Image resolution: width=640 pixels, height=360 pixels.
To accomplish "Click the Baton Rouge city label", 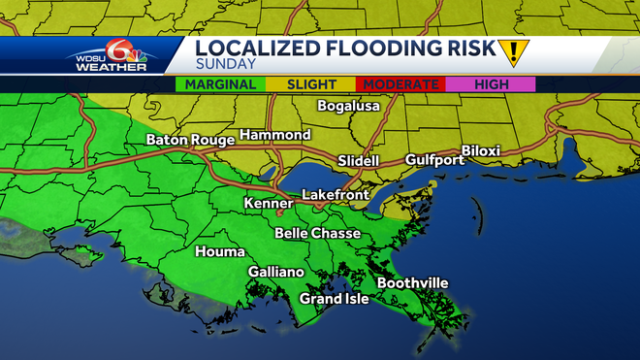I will tap(190, 140).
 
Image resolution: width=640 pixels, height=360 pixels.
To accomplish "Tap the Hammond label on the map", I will tap(274, 135).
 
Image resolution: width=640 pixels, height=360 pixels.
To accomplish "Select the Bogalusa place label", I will tap(350, 106).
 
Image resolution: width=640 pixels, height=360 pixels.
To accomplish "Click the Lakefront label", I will tap(335, 195).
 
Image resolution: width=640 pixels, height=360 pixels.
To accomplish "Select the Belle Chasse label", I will tap(317, 233).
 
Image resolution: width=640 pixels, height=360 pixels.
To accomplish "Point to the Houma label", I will tap(214, 251).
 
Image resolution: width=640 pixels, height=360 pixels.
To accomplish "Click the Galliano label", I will tap(276, 273).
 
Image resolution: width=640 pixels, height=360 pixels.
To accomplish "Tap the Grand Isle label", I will tap(334, 299).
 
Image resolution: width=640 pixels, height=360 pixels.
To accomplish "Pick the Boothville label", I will tap(412, 282).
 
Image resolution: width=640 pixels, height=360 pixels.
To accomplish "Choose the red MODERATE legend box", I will tap(401, 84).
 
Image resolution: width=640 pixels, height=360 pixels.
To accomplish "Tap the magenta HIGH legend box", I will tap(491, 84).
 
